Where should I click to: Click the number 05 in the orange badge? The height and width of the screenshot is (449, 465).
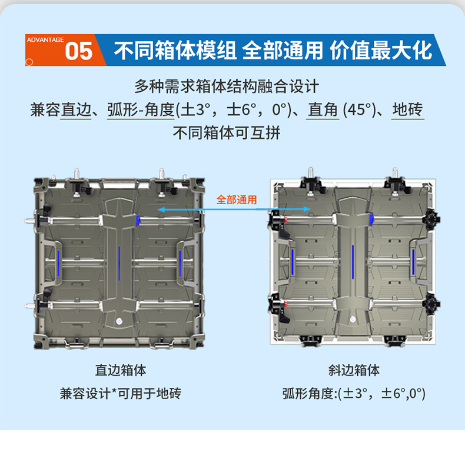click(79, 51)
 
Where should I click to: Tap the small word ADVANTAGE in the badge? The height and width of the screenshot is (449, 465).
click(45, 39)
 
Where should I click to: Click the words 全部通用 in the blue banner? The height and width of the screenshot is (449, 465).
click(283, 51)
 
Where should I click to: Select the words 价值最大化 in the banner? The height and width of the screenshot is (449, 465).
click(381, 51)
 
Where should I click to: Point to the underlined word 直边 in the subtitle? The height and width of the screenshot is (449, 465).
click(75, 110)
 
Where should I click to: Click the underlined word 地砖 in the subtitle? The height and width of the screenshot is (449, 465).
click(407, 110)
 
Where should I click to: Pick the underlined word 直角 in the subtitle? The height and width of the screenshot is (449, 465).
click(323, 110)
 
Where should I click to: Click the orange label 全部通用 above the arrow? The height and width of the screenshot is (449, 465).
click(237, 199)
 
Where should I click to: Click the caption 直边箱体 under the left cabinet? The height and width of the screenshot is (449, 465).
click(121, 370)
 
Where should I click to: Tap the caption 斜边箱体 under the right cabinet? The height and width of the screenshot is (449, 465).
click(354, 370)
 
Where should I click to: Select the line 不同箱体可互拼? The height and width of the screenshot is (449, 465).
click(227, 132)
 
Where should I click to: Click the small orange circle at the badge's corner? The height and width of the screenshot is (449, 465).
click(29, 61)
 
